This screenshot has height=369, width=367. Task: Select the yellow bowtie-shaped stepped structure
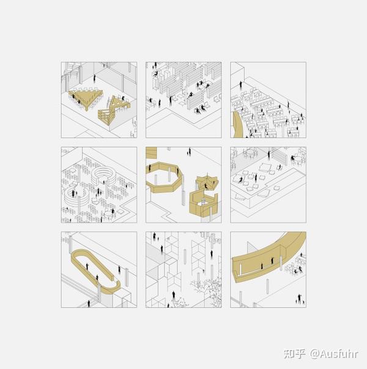click(x=114, y=110)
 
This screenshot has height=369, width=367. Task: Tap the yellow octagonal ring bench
click(x=165, y=178)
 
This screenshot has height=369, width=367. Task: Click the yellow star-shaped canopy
click(x=207, y=183)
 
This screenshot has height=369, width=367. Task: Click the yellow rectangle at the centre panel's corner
click(x=151, y=153)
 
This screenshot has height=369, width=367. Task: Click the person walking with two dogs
click(x=300, y=299)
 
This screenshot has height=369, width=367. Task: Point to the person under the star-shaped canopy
click(x=206, y=186)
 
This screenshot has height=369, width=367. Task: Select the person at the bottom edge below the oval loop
click(x=89, y=303)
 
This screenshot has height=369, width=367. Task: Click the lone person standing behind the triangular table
click(x=95, y=78)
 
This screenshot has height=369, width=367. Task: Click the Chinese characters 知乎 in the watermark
click(x=295, y=354)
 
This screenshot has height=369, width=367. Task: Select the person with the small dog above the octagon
click(x=189, y=152)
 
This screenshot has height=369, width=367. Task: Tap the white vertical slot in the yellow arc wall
click(x=240, y=269)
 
